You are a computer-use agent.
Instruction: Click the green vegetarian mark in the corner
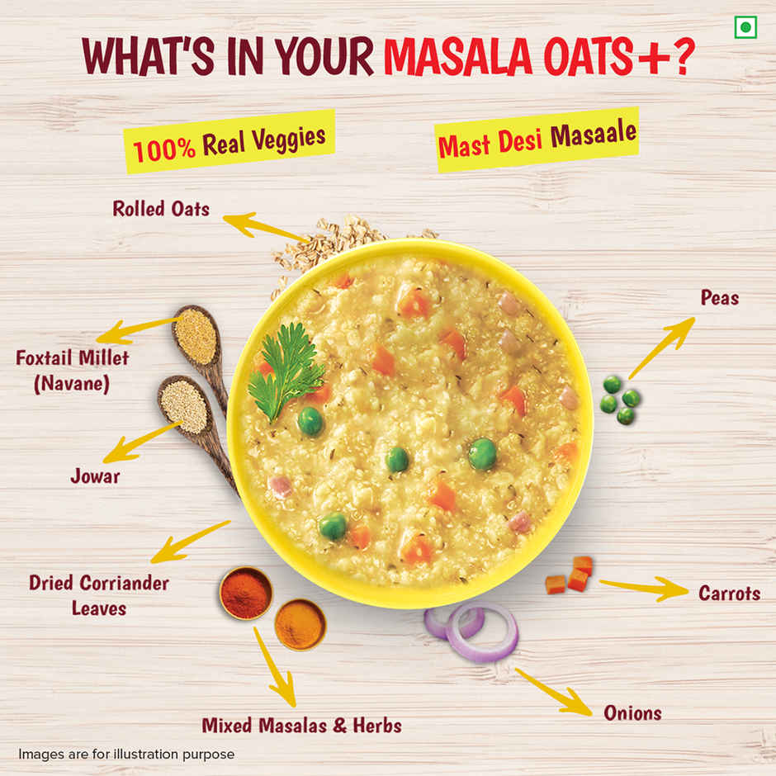pyautogui.click(x=745, y=27)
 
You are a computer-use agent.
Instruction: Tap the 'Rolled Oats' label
pyautogui.click(x=161, y=208)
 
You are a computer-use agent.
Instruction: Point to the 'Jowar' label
pyautogui.click(x=95, y=476)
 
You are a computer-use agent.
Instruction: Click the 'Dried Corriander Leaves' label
pyautogui.click(x=99, y=595)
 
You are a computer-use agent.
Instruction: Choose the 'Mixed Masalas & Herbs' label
pyautogui.click(x=302, y=726)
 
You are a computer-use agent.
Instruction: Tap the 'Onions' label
pyautogui.click(x=632, y=712)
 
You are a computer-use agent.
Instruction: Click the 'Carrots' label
pyautogui.click(x=729, y=593)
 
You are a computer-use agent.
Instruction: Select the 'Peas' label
pyautogui.click(x=720, y=298)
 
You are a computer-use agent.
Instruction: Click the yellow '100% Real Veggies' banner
pyautogui.click(x=230, y=142)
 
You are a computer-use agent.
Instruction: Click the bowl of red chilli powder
pyautogui.click(x=245, y=593)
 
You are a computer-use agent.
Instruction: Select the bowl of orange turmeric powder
pyautogui.click(x=299, y=624)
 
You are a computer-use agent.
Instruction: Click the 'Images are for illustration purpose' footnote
pyautogui.click(x=126, y=754)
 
